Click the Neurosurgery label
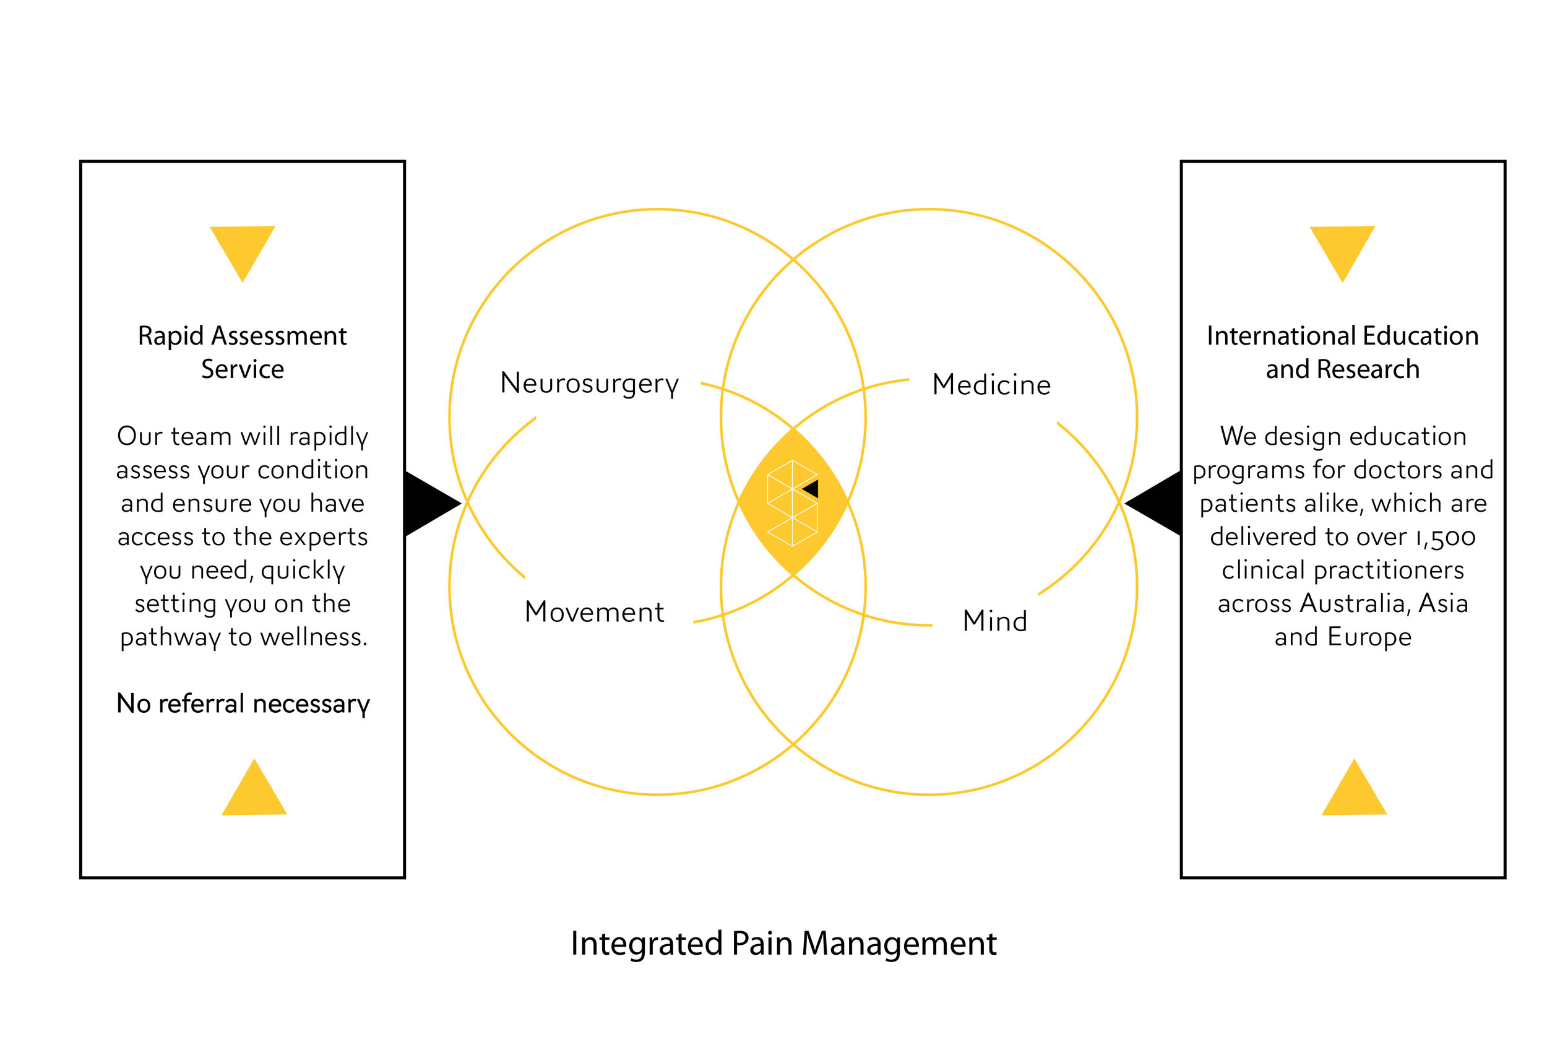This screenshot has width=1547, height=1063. (x=589, y=384)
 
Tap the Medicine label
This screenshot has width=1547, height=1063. (x=991, y=385)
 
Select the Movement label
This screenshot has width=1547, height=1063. (x=594, y=612)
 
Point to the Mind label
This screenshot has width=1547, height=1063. (x=994, y=621)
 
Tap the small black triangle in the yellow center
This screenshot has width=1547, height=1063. (x=811, y=489)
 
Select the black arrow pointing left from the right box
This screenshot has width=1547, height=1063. (x=1153, y=504)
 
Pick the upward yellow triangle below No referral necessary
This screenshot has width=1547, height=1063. (x=254, y=793)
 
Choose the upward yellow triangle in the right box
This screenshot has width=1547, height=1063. (x=1354, y=793)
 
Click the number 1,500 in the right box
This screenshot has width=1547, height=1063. (x=1444, y=538)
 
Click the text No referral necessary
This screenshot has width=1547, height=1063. (x=243, y=704)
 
